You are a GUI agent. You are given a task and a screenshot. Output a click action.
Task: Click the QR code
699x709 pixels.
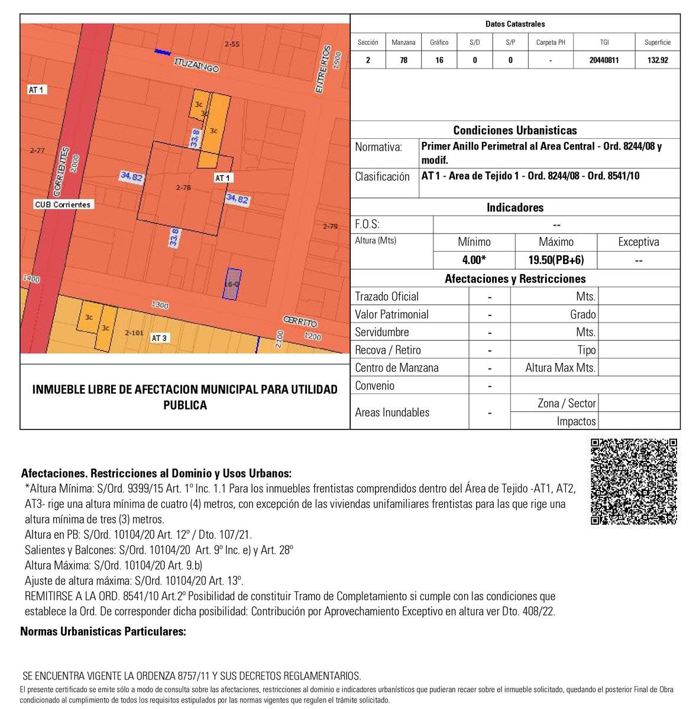[634, 481]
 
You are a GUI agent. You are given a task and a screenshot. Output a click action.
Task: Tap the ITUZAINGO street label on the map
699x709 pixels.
[196, 65]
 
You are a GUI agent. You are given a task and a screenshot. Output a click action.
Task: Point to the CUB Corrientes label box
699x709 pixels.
[64, 204]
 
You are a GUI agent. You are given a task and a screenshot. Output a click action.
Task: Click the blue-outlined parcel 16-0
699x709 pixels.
[232, 284]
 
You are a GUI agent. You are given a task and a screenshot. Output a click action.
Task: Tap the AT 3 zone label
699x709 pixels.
[159, 338]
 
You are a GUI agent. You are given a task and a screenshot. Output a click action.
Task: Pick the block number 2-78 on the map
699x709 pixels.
[184, 187]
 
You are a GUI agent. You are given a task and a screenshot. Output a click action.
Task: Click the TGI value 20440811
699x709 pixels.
[604, 60]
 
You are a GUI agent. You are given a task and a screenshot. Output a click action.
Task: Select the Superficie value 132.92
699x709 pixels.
[657, 60]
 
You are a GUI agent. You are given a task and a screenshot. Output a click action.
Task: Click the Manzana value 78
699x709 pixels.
[403, 60]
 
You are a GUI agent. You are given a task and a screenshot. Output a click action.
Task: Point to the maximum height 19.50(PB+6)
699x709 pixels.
[556, 260]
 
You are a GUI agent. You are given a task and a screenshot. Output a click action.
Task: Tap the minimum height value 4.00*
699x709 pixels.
[474, 260]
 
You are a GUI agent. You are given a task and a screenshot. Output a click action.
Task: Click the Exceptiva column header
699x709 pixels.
[638, 242]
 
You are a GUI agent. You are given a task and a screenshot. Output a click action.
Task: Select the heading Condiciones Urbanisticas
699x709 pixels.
[514, 131]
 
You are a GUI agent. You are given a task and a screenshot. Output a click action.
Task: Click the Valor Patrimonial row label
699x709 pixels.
[391, 314]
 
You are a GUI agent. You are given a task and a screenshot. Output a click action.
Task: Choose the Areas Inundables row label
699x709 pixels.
[392, 412]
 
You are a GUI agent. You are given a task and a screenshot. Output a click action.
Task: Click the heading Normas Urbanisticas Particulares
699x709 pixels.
[103, 632]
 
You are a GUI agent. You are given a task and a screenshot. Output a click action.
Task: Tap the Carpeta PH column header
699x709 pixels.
[551, 43]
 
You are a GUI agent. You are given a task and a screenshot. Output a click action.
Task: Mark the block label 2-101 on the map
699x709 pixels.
[134, 333]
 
